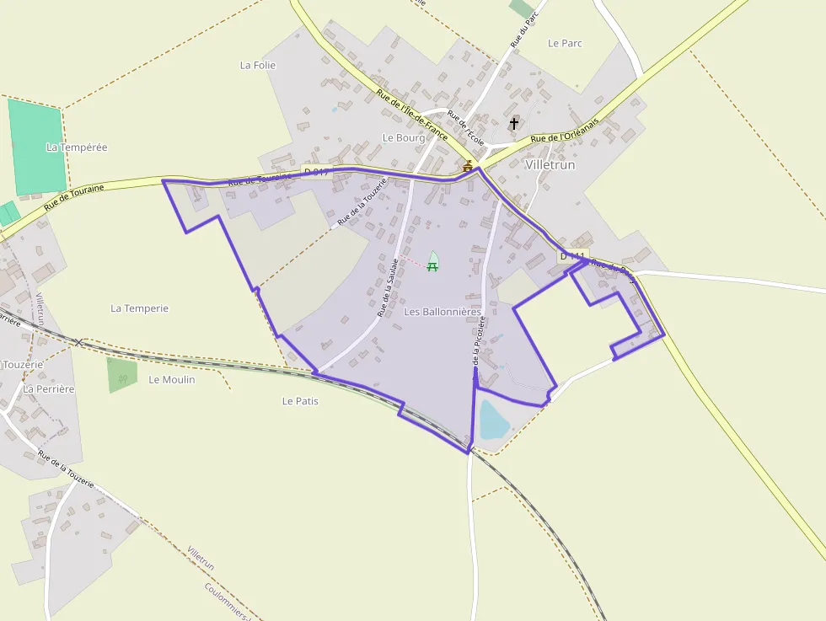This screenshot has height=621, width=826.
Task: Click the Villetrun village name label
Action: pyautogui.click(x=550, y=165)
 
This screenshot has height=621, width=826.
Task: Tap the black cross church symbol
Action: pyautogui.click(x=514, y=124)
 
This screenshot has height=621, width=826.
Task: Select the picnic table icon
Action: pyautogui.click(x=432, y=266)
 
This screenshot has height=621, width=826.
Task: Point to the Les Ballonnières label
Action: pyautogui.click(x=442, y=312)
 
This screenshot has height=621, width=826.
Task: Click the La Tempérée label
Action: pyautogui.click(x=77, y=147)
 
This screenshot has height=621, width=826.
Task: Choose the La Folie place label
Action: pyautogui.click(x=258, y=65)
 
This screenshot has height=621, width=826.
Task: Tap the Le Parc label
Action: pyautogui.click(x=565, y=43)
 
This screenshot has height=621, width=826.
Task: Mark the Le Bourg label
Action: pyautogui.click(x=404, y=137)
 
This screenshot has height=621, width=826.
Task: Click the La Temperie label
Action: pyautogui.click(x=139, y=308)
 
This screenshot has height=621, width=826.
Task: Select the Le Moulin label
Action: pyautogui.click(x=171, y=380)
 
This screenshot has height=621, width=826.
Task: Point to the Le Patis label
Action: pyautogui.click(x=300, y=401)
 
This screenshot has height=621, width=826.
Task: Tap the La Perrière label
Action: pyautogui.click(x=49, y=389)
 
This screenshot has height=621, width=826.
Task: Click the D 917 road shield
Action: pyautogui.click(x=316, y=172)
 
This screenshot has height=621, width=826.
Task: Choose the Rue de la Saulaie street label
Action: pyautogui.click(x=388, y=286)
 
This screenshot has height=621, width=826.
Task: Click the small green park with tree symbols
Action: pyautogui.click(x=121, y=376)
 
